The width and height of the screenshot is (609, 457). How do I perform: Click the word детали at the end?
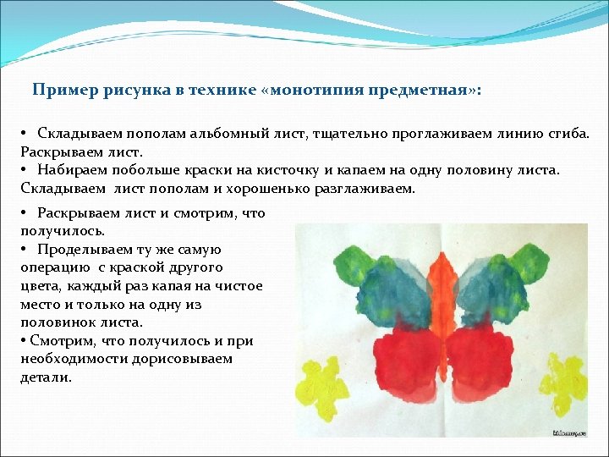click(45, 377)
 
